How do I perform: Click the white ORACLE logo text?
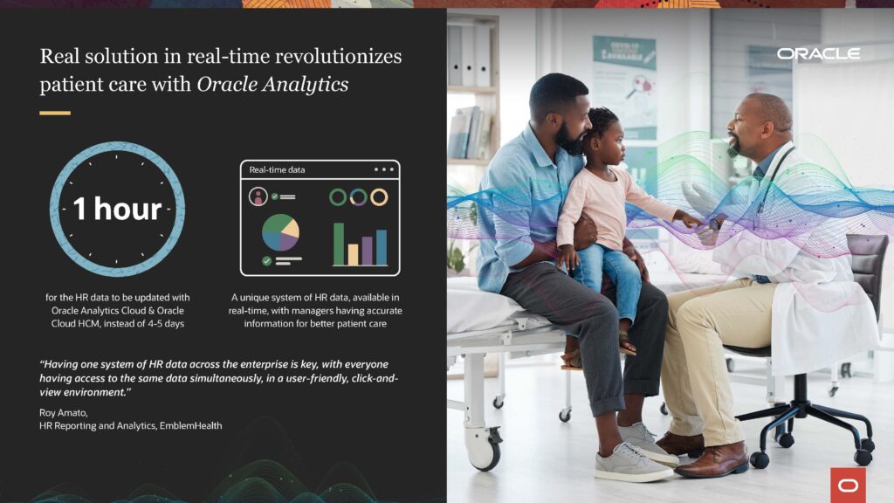click(818, 53)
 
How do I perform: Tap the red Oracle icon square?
click(848, 486)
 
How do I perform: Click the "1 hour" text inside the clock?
click(118, 209)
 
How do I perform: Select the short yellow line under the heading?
click(55, 113)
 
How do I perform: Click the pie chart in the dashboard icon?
click(280, 232)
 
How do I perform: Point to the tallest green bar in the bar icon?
click(339, 245)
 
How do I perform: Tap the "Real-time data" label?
click(277, 170)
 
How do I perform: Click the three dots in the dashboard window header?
click(384, 169)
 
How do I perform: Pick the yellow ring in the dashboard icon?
click(379, 197)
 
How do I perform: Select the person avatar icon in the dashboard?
click(258, 196)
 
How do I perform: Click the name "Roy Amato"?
click(63, 412)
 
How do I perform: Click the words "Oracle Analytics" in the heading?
click(272, 85)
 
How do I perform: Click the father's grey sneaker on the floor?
click(633, 462)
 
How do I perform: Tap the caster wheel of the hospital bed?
click(485, 449)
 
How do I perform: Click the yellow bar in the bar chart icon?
click(353, 254)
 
